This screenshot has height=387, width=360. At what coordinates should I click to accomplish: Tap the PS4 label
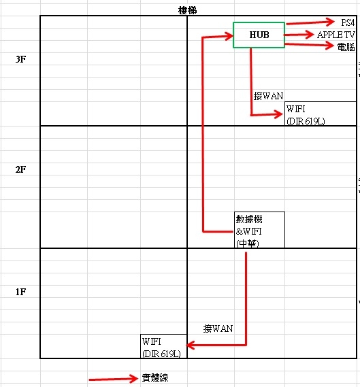(348, 22)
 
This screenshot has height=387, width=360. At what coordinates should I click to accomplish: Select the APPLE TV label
(336, 35)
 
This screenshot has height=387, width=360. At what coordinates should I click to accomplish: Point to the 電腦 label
(346, 47)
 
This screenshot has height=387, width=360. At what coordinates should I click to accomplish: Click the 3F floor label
(20, 59)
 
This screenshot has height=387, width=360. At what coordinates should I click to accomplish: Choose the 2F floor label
(20, 169)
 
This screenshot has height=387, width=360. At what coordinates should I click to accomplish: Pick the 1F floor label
(20, 292)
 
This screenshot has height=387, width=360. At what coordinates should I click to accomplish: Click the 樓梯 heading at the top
(187, 10)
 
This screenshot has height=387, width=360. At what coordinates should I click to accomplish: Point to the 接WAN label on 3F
(268, 96)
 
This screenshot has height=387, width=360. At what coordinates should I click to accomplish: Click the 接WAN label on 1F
(218, 329)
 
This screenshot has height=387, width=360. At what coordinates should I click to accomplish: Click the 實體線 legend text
(155, 377)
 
